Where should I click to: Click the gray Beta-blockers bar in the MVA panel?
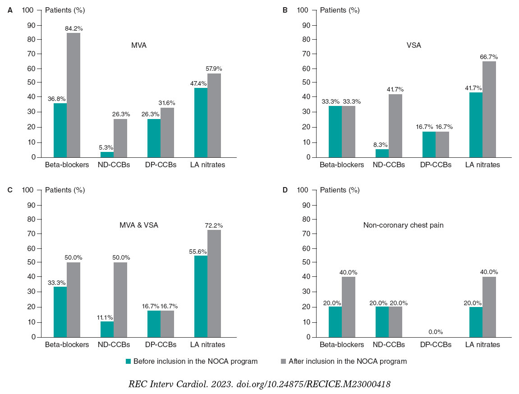73,95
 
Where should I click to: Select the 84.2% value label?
73,28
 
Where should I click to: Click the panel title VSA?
414,45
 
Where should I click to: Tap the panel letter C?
10,190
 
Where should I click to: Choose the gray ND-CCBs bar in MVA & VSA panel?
120,299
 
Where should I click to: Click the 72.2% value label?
213,225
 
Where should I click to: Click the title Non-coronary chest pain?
403,225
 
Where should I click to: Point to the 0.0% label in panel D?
435,332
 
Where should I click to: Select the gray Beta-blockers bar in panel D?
349,307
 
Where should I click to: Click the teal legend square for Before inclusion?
128,361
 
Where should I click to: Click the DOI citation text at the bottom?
259,384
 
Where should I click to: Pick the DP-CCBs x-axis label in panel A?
160,165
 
